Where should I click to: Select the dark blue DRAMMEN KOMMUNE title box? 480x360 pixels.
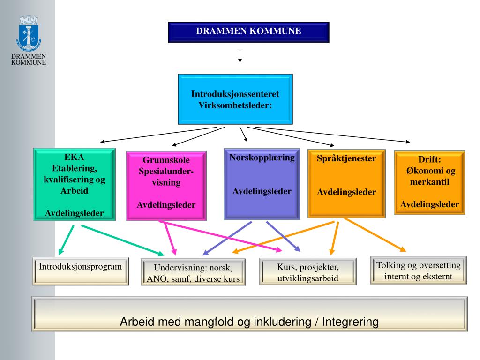coord(248,32)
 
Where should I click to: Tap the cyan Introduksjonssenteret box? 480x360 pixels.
coord(235,99)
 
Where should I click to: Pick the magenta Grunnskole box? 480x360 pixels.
coord(166,186)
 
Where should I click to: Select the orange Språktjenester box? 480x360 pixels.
coord(346,183)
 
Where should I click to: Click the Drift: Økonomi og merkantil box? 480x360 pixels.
coord(430,182)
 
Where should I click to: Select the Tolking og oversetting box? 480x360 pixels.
coord(419,270)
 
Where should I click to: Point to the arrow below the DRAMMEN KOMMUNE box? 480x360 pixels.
coord(240,57)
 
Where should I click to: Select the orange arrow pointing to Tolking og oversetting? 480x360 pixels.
coord(375,234)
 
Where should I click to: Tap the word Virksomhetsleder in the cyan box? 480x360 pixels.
coord(235,105)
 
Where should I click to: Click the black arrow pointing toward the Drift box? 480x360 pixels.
coord(333,135)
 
